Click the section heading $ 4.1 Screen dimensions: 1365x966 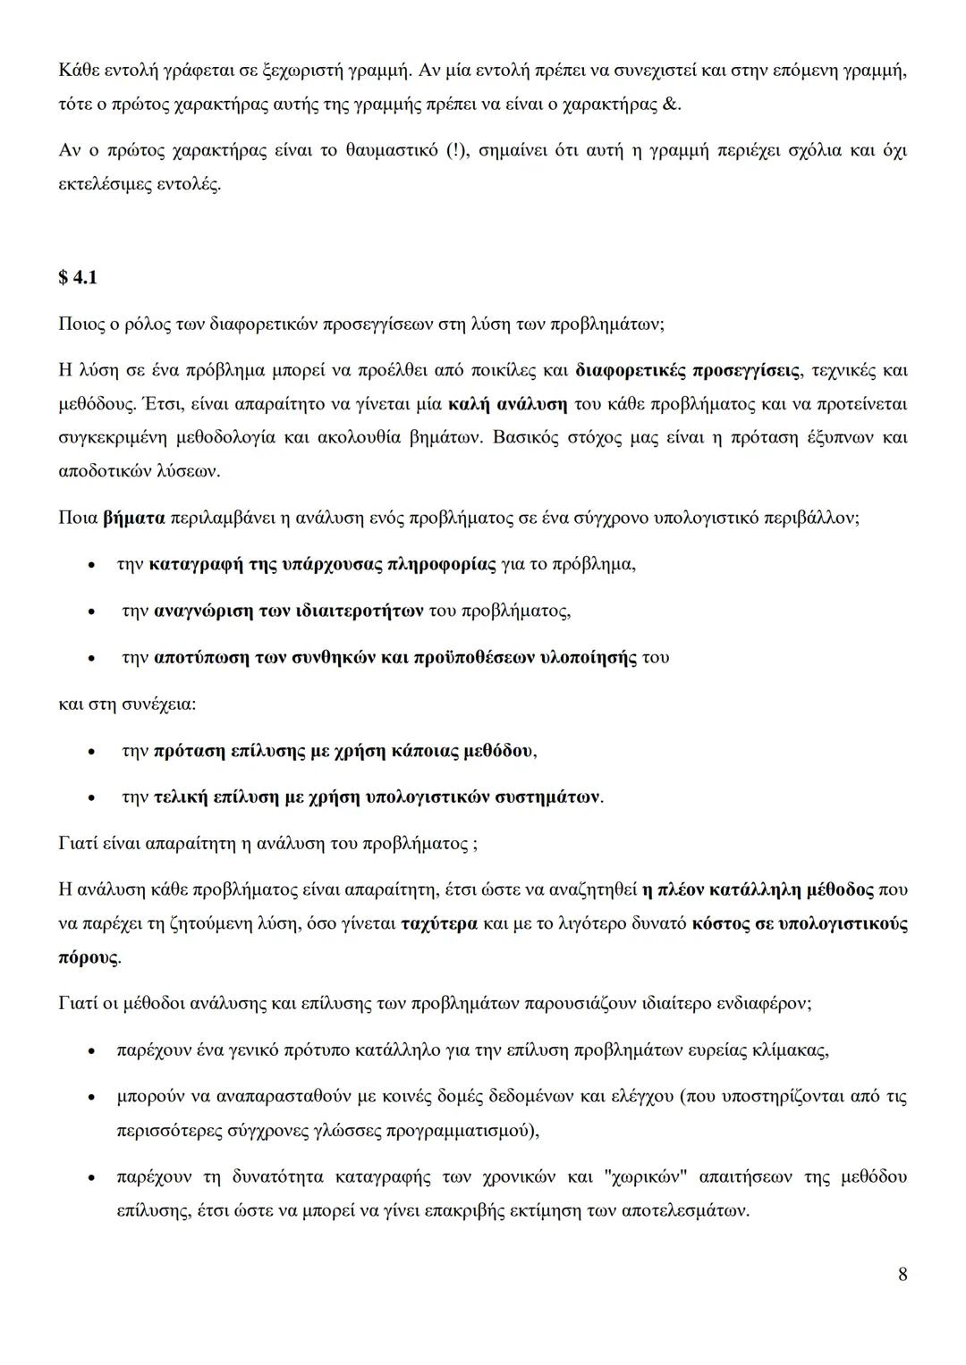pyautogui.click(x=77, y=278)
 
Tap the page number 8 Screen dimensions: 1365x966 pyautogui.click(x=902, y=1274)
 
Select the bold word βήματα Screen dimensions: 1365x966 pyautogui.click(x=134, y=518)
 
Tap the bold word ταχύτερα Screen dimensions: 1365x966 pyautogui.click(x=439, y=923)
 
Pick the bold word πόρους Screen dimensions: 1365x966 pyautogui.click(x=88, y=957)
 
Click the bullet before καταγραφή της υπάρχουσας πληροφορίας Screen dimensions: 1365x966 pyautogui.click(x=92, y=566)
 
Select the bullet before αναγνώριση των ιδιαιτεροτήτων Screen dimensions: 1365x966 pyautogui.click(x=92, y=612)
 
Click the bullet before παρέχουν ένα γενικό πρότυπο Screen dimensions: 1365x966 pyautogui.click(x=92, y=1050)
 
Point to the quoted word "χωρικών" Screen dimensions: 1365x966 pyautogui.click(x=647, y=1177)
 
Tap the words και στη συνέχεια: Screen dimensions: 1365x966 pyautogui.click(x=127, y=704)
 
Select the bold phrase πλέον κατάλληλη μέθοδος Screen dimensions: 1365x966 pyautogui.click(x=765, y=889)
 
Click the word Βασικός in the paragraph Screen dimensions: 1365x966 pyautogui.click(x=525, y=438)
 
